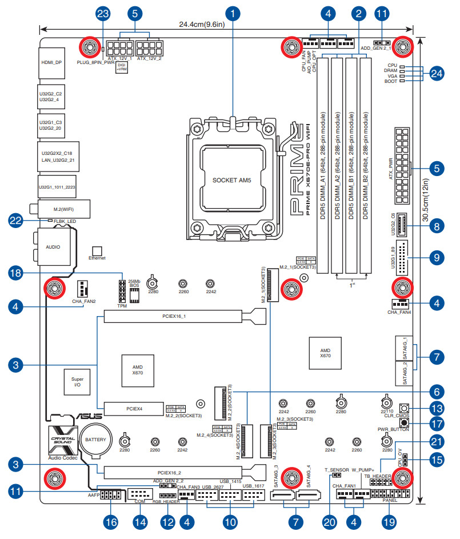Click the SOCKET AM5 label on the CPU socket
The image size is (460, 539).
pyautogui.click(x=232, y=180)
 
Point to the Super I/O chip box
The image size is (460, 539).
pyautogui.click(x=78, y=382)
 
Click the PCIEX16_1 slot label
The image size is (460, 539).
pyautogui.click(x=171, y=316)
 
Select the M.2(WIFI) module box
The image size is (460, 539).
pyautogui.click(x=63, y=209)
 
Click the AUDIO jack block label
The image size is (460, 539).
pyautogui.click(x=53, y=247)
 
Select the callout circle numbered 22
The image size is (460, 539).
pyautogui.click(x=18, y=219)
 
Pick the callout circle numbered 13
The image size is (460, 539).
pyautogui.click(x=437, y=409)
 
